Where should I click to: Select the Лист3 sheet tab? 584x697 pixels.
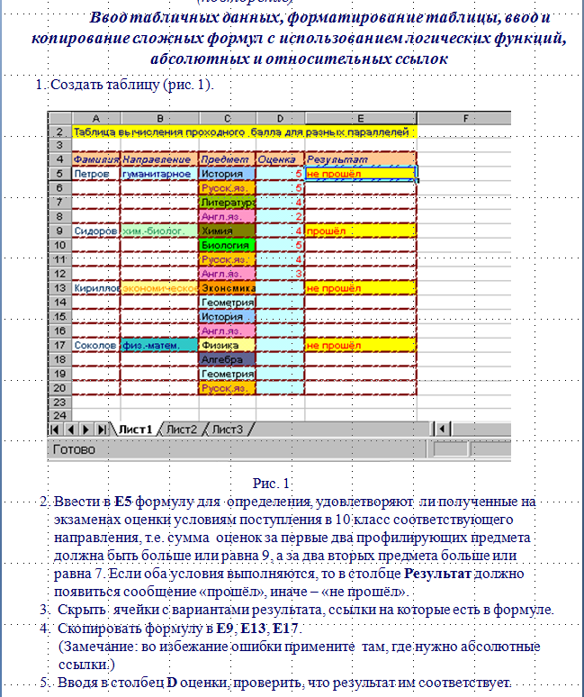tap(227, 430)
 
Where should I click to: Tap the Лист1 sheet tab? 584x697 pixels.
tap(135, 430)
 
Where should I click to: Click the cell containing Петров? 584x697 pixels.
tap(93, 174)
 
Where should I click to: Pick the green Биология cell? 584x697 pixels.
tap(226, 245)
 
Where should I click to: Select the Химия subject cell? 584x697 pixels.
tap(226, 231)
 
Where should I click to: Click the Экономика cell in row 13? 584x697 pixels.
tap(226, 288)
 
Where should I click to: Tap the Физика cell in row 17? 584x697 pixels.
tap(226, 345)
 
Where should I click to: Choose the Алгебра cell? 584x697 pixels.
tap(226, 359)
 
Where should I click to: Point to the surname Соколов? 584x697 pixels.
tap(94, 345)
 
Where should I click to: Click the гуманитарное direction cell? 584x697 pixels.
tap(157, 174)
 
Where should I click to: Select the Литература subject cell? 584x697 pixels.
tap(226, 203)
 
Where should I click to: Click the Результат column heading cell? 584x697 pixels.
tap(360, 159)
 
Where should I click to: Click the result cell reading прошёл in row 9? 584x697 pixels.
tap(360, 231)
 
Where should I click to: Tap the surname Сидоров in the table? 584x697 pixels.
tap(94, 231)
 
